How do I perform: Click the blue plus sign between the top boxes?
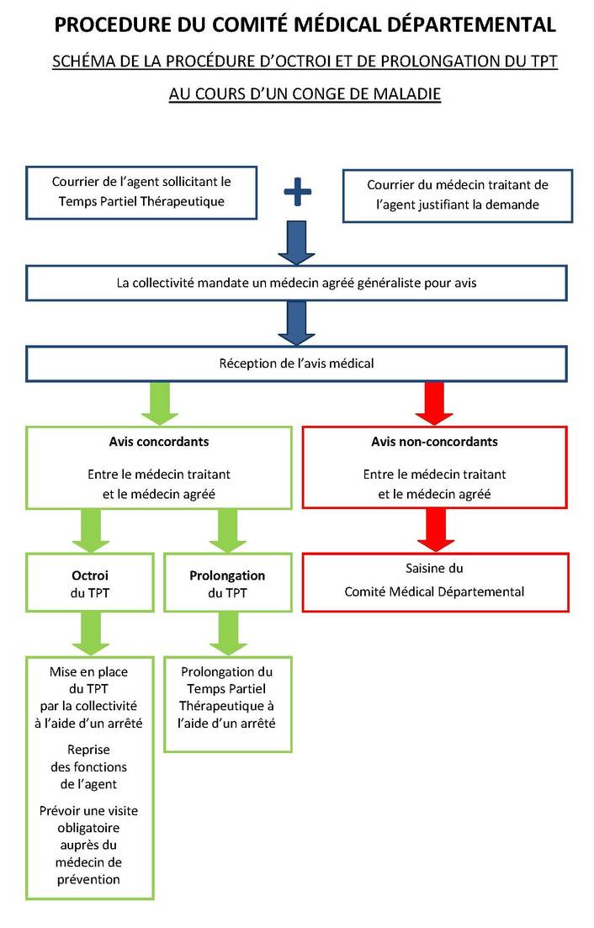click(297, 192)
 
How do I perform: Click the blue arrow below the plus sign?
click(296, 242)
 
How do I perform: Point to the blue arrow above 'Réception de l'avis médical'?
click(296, 323)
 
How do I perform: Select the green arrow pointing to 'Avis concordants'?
click(159, 404)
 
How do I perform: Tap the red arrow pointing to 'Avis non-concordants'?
click(434, 404)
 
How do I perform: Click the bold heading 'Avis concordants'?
click(158, 442)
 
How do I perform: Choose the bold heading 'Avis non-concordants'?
click(434, 442)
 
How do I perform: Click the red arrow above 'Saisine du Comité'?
click(436, 530)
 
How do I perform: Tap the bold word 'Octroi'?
click(90, 575)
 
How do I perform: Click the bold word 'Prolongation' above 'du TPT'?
click(227, 575)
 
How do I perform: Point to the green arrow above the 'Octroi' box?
click(91, 530)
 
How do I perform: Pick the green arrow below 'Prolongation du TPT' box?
click(228, 634)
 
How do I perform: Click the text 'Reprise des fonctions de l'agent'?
click(88, 767)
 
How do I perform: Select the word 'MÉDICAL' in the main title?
click(338, 25)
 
